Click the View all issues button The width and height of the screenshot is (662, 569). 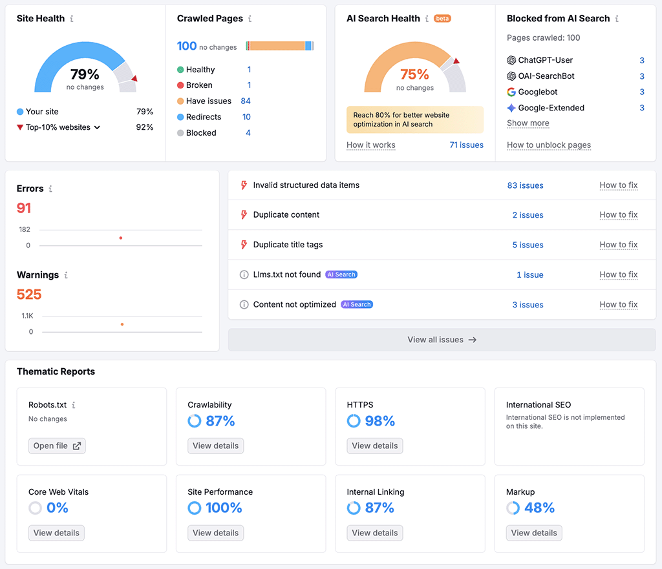click(x=442, y=340)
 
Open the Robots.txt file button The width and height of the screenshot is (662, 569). click(x=57, y=446)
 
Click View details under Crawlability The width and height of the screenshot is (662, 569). click(x=215, y=446)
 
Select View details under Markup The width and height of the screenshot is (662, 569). click(x=533, y=533)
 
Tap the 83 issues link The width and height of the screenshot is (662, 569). click(x=525, y=185)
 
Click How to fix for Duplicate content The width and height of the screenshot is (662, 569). click(x=618, y=215)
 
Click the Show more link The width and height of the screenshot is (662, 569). click(x=528, y=123)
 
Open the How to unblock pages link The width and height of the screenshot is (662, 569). click(x=548, y=145)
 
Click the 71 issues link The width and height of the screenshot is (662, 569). click(x=466, y=145)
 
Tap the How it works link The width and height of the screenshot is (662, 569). click(x=370, y=145)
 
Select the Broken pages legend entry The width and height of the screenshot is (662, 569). click(x=199, y=85)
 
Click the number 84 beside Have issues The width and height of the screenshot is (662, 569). click(x=246, y=101)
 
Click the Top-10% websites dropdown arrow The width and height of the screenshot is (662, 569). click(x=98, y=128)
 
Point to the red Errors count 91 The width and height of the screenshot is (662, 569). click(x=24, y=208)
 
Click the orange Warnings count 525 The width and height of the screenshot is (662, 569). click(x=29, y=295)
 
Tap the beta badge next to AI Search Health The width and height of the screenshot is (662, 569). click(x=442, y=19)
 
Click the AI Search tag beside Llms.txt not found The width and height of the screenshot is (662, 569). click(x=341, y=274)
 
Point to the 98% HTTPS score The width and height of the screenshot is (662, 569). click(x=379, y=421)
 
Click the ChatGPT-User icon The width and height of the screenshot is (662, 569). click(x=511, y=60)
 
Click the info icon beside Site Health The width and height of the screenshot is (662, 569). click(x=71, y=19)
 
